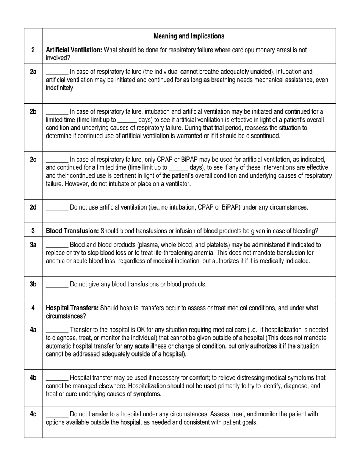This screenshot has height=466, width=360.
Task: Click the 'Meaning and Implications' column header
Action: pyautogui.click(x=189, y=36)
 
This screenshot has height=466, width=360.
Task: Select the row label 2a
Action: pyautogui.click(x=33, y=72)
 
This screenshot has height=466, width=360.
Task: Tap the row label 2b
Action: pyautogui.click(x=33, y=111)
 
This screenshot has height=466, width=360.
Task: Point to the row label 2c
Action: pyautogui.click(x=33, y=160)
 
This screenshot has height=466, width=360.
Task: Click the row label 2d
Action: pyautogui.click(x=33, y=207)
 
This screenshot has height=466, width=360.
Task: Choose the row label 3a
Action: pyautogui.click(x=33, y=245)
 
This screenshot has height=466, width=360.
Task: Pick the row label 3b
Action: pyautogui.click(x=33, y=285)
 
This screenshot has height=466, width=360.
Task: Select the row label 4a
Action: pyautogui.click(x=33, y=330)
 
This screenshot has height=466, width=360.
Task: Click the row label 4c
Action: pyautogui.click(x=33, y=414)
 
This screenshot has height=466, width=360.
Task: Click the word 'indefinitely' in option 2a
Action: pyautogui.click(x=60, y=88)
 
